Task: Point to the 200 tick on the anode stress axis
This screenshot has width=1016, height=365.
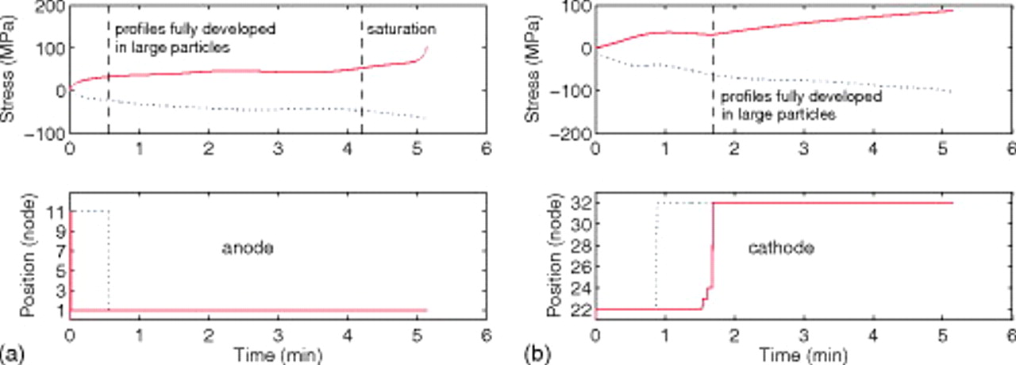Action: coord(51,7)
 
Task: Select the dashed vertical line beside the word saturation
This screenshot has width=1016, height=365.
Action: coord(361,71)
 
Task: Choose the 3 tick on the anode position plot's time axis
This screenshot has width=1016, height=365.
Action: coord(278,333)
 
